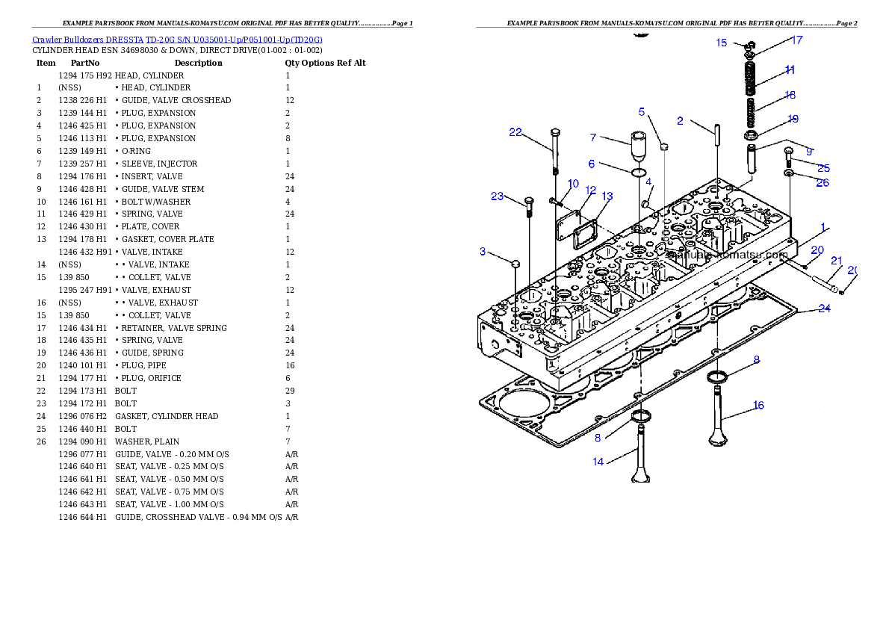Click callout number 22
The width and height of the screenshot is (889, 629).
(515, 132)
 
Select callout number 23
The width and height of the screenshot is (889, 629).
(498, 196)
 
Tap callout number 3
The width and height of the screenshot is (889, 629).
(483, 252)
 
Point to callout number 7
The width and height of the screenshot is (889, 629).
(593, 137)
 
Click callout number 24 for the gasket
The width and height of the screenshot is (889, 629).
(824, 309)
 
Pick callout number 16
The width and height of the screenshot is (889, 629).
(758, 406)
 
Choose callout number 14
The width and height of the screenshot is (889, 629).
(598, 462)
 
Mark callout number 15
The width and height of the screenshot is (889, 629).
(722, 43)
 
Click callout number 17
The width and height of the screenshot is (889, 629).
(797, 40)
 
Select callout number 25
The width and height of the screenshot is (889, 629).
(823, 168)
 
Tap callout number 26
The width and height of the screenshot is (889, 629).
(823, 183)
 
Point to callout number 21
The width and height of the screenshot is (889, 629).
(837, 261)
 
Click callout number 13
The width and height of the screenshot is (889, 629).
(607, 196)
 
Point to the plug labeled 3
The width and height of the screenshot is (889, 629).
(515, 262)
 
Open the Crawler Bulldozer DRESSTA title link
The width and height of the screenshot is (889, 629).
(177, 40)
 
